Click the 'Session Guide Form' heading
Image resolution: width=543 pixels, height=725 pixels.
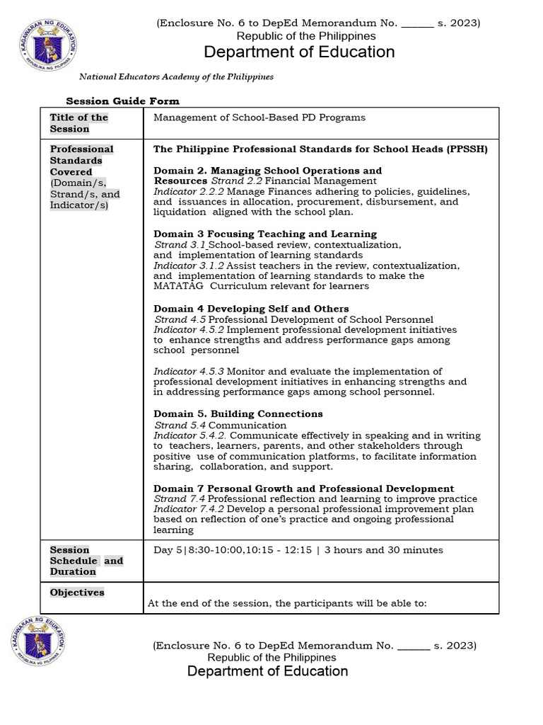(122, 101)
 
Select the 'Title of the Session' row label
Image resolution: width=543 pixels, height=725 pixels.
(78, 123)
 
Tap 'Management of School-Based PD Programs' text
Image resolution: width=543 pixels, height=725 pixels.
(259, 118)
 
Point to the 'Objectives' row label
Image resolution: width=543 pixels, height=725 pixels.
(77, 593)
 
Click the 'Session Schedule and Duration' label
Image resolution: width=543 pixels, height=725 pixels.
(86, 561)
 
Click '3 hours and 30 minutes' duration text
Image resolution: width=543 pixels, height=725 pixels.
(384, 550)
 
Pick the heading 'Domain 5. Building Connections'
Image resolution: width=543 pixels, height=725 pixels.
(238, 414)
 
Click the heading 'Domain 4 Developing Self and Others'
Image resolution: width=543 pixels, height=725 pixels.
(251, 309)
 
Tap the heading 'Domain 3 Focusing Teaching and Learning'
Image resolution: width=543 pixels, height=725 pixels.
(265, 234)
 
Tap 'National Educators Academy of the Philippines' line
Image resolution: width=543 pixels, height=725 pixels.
(176, 76)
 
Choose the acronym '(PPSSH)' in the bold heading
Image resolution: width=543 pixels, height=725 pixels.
(465, 149)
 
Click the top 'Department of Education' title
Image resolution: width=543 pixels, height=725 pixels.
(299, 52)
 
